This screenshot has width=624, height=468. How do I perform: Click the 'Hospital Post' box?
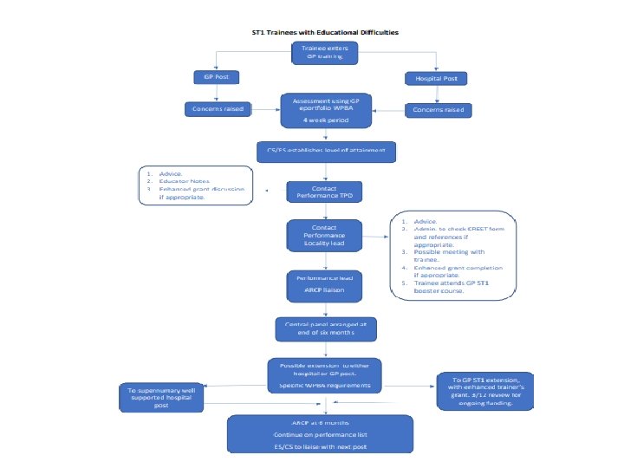pyautogui.click(x=436, y=79)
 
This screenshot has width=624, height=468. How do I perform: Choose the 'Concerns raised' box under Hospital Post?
pyautogui.click(x=437, y=110)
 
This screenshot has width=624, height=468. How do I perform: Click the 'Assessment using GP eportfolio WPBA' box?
pyautogui.click(x=324, y=110)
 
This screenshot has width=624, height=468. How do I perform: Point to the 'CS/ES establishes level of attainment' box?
pyautogui.click(x=325, y=150)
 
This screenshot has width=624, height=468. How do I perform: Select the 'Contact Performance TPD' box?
pyautogui.click(x=324, y=191)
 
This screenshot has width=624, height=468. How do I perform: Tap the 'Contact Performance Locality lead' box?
pyautogui.click(x=323, y=235)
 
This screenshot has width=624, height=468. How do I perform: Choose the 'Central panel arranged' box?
pyautogui.click(x=324, y=328)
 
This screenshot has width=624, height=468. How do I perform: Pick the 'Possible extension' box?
pyautogui.click(x=324, y=374)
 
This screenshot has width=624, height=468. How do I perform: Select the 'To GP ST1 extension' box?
pyautogui.click(x=485, y=387)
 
